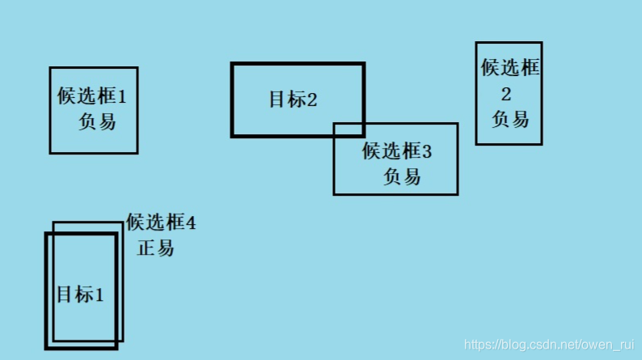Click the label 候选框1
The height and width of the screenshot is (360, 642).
coord(91,97)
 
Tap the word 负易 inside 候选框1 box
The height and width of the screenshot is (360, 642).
coord(96,122)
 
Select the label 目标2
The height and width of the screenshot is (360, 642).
coord(293,100)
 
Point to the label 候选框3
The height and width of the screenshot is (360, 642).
coord(397,150)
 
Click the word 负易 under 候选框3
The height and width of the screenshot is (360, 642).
coord(402,176)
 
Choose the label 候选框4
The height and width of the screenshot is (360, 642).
coord(160,222)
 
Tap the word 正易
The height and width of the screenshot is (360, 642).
coord(155,248)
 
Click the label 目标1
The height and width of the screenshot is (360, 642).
coord(80,294)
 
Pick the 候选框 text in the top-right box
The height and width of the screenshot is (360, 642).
coord(509,68)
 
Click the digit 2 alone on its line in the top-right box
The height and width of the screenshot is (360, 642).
coord(506,93)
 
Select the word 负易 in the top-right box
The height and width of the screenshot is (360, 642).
coord(510,119)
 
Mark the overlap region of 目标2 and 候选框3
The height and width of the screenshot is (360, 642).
coord(348,129)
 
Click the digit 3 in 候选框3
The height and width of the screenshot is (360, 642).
coord(428,151)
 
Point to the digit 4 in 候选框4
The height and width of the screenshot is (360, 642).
coord(191,222)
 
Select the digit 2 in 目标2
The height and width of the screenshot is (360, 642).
coord(312,100)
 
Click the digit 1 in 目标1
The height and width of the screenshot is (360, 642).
coord(99,295)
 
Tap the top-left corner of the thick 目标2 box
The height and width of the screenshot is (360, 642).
coord(233,65)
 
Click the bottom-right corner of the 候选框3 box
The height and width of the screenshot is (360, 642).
coord(457,194)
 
